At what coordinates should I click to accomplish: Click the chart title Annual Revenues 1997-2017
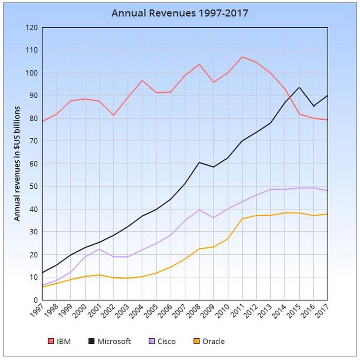coord(180,13)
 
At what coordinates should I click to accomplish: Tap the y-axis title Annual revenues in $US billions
coord(17,164)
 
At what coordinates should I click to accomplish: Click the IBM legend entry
coord(59,341)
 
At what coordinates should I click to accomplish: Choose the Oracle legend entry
coord(209,341)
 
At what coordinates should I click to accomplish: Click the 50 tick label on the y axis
coord(33,186)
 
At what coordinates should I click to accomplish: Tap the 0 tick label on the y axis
coord(36,300)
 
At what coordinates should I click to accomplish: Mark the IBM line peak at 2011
coord(242,57)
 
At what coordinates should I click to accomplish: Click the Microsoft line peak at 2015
coord(299,87)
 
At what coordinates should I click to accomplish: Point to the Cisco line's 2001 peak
coord(99,249)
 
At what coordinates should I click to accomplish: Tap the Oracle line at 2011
coord(242,219)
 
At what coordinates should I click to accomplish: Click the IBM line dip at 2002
coord(114,115)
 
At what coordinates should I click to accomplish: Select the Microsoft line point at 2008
coord(199,163)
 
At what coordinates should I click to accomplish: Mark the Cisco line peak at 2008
coord(199,209)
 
